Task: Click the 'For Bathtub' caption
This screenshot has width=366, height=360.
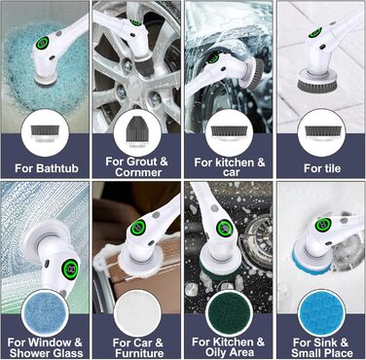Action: (x=47, y=168)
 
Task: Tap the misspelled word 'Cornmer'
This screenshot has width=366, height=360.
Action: (x=138, y=172)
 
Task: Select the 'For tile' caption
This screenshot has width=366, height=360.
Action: (x=322, y=168)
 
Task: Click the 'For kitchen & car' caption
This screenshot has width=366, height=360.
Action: (x=230, y=167)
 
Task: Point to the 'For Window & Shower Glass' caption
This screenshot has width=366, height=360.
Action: (x=46, y=347)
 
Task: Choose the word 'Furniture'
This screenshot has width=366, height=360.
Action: (x=139, y=353)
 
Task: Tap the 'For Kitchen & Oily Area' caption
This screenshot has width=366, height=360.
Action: (x=228, y=347)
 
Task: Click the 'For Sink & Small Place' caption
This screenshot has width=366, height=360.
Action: (x=321, y=347)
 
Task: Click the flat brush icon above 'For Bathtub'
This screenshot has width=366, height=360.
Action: (x=45, y=133)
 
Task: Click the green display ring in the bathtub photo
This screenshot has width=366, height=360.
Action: (x=43, y=43)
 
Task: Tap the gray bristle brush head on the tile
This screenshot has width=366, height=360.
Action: (x=317, y=83)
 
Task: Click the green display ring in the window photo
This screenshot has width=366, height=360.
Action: (x=70, y=268)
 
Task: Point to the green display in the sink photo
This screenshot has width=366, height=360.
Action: (x=323, y=225)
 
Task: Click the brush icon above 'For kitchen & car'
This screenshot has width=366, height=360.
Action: (x=230, y=133)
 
